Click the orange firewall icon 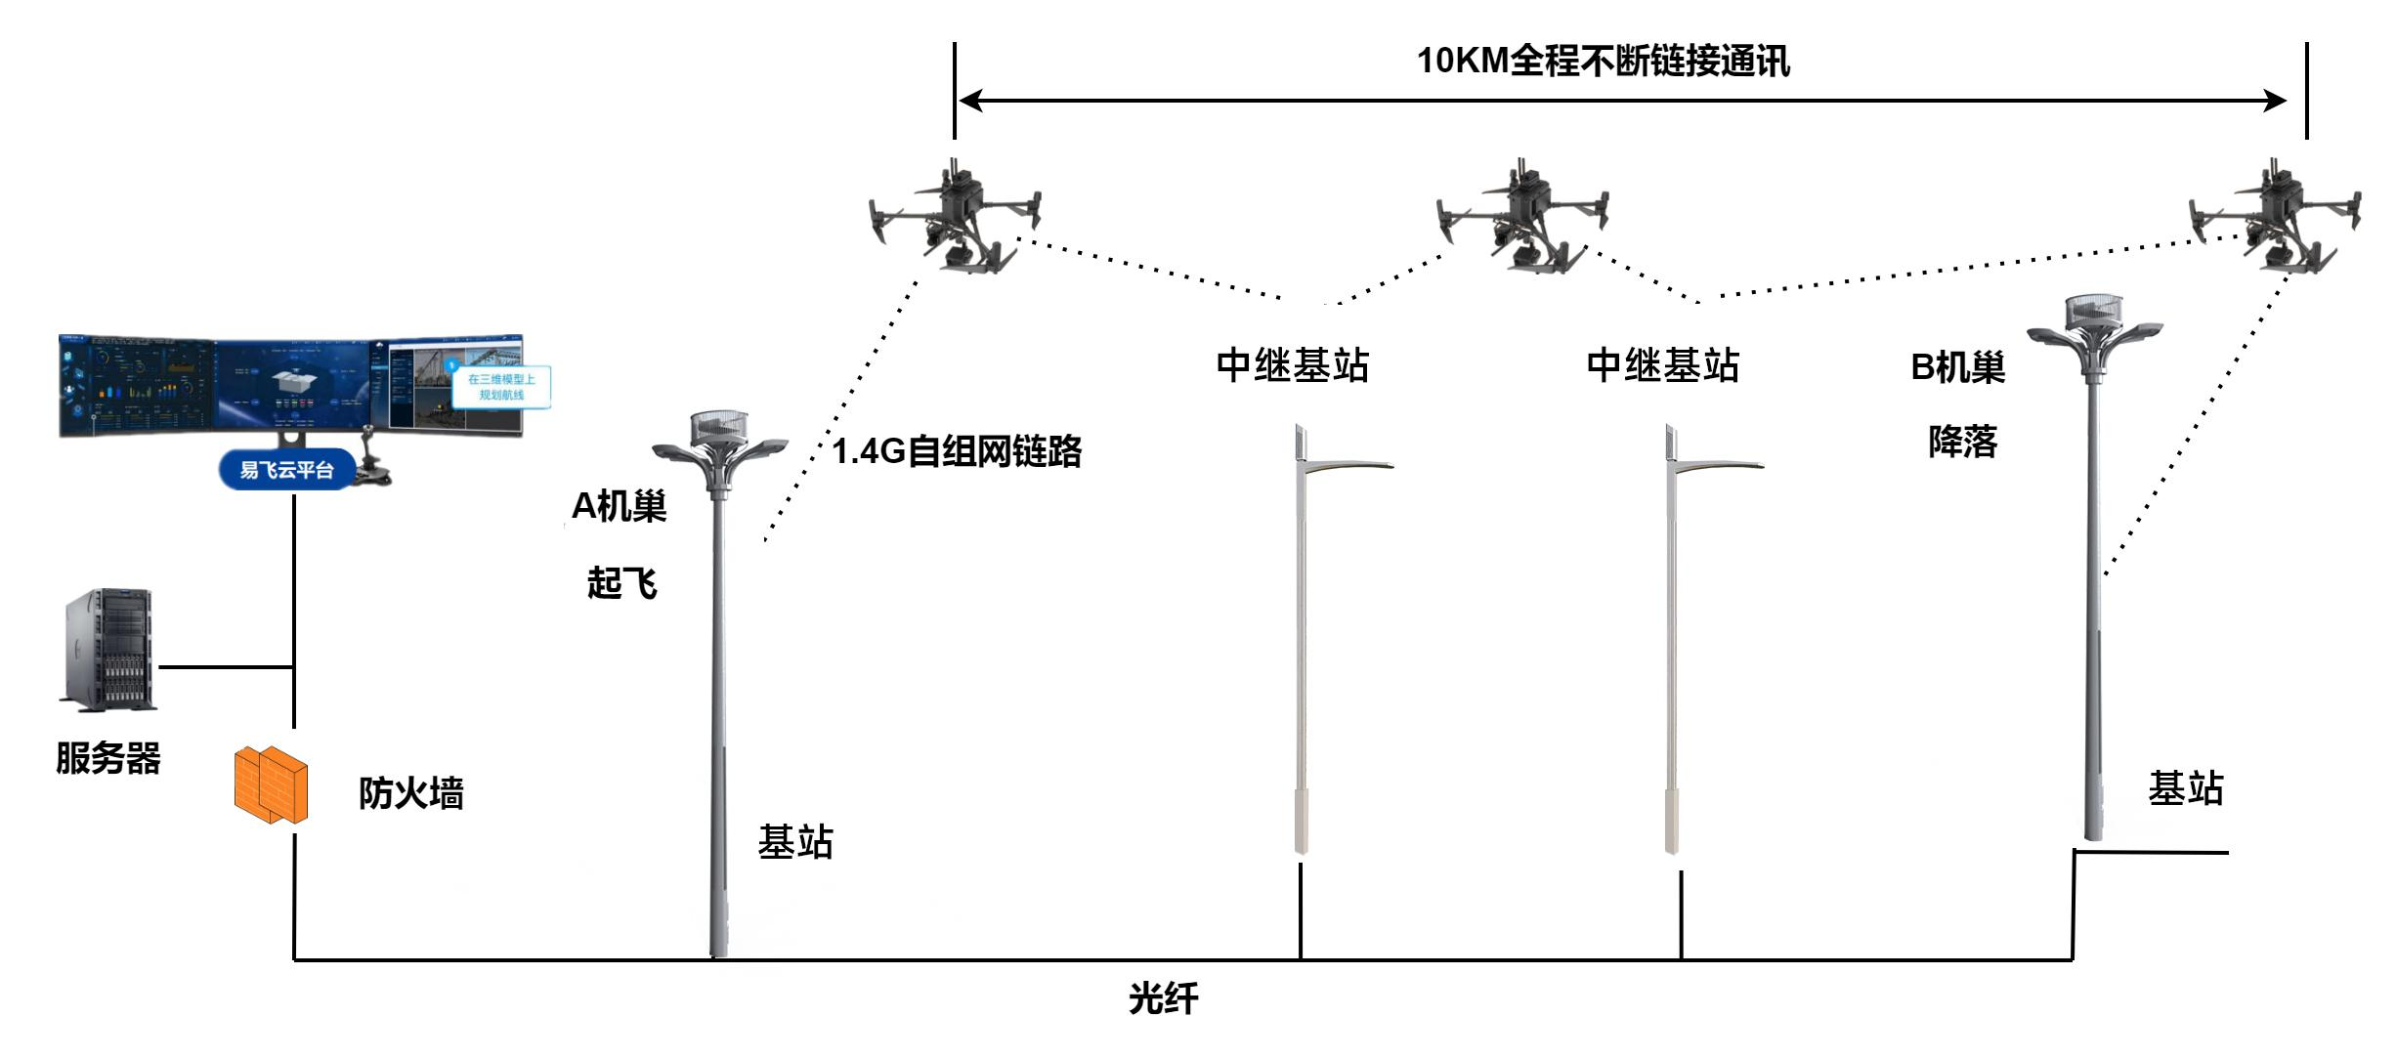(x=271, y=784)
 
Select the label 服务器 (x=107, y=758)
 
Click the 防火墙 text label (x=410, y=792)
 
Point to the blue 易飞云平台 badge (x=286, y=470)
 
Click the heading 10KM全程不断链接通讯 (x=1603, y=61)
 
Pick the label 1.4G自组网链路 (x=957, y=451)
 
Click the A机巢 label (x=619, y=506)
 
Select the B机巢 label (x=1957, y=367)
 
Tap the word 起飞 (x=621, y=583)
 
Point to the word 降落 (x=1962, y=442)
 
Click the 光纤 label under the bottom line (x=1163, y=998)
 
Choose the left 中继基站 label (x=1292, y=365)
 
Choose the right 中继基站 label (x=1662, y=365)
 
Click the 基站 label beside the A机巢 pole (x=795, y=841)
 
